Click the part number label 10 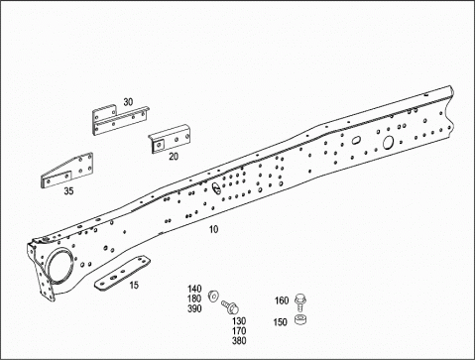coord(213,229)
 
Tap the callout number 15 coord(134,285)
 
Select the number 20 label coord(174,157)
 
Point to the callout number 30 coord(128,102)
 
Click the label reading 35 coord(68,191)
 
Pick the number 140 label coord(194,289)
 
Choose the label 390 coord(194,308)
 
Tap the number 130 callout coord(239,321)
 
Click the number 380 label coord(239,341)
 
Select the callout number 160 coord(282,300)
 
